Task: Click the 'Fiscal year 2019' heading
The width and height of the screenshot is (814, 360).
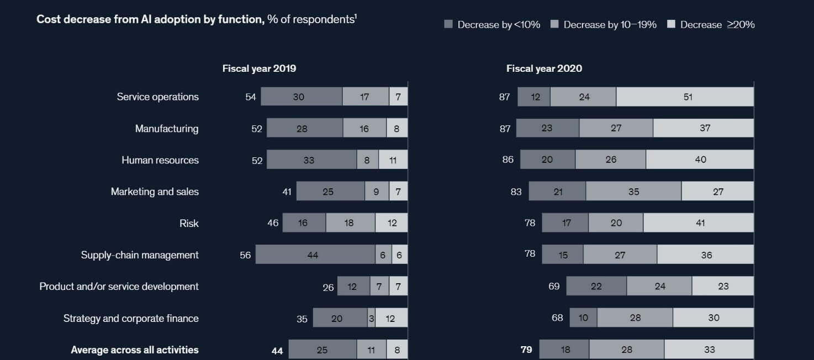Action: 259,68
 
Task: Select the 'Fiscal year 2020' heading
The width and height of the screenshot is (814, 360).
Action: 544,68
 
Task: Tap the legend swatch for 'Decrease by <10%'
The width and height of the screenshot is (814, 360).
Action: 448,24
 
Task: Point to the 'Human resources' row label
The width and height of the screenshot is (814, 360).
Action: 160,160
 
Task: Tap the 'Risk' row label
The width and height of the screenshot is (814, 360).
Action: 189,224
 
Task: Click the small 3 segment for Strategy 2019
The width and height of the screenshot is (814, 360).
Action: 372,318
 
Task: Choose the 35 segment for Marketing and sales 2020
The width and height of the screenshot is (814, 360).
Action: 633,192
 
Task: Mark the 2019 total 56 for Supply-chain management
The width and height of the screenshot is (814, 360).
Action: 245,255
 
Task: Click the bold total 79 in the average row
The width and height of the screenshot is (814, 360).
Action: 526,350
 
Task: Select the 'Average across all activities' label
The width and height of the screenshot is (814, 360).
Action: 135,350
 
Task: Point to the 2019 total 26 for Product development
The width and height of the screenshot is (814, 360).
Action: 328,287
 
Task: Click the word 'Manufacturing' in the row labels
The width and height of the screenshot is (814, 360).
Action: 167,129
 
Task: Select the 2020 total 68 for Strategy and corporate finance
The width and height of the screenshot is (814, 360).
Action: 557,317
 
